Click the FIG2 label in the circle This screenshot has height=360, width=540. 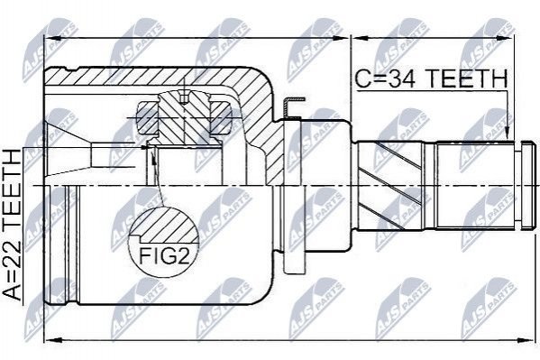point(164,255)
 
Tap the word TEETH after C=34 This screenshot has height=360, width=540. point(467,78)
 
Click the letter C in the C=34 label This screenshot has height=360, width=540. point(362,78)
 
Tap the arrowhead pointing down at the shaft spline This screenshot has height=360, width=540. point(507,132)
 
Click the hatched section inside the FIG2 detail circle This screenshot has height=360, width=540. point(165,225)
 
